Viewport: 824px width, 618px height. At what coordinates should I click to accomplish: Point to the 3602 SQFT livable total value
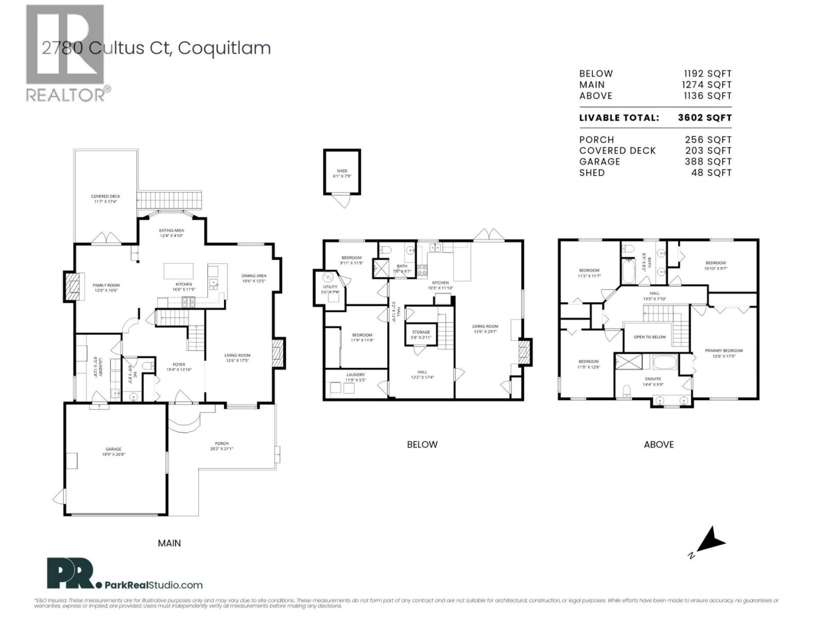[705, 117]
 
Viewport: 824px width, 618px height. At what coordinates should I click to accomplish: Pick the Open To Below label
[649, 337]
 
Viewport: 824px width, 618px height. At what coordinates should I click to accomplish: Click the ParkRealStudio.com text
[153, 585]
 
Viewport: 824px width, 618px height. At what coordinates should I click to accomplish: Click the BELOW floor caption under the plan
[422, 444]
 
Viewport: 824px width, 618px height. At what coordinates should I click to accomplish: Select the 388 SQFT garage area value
[708, 162]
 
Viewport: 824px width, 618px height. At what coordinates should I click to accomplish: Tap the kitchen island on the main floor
[179, 271]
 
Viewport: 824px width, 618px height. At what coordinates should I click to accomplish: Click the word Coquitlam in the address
[224, 48]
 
